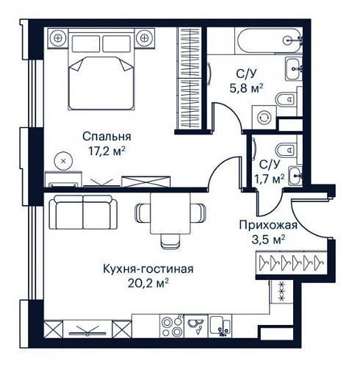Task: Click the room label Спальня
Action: click(107, 137)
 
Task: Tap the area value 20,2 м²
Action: click(148, 284)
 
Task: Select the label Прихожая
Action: click(268, 225)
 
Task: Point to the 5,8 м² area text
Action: click(246, 88)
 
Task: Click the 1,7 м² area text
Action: click(270, 179)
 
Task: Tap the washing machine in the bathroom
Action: click(264, 118)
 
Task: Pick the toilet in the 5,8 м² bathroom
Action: click(285, 100)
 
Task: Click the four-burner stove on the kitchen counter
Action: click(171, 326)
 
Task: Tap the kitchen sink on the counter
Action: click(220, 326)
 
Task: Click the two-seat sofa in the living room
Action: click(83, 212)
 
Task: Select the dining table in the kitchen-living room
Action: click(170, 213)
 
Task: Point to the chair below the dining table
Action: click(171, 241)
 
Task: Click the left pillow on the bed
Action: click(86, 43)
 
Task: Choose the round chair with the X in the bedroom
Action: click(63, 161)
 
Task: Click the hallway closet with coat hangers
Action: click(292, 263)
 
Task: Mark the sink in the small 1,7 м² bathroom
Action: click(295, 176)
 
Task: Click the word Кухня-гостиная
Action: click(148, 269)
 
